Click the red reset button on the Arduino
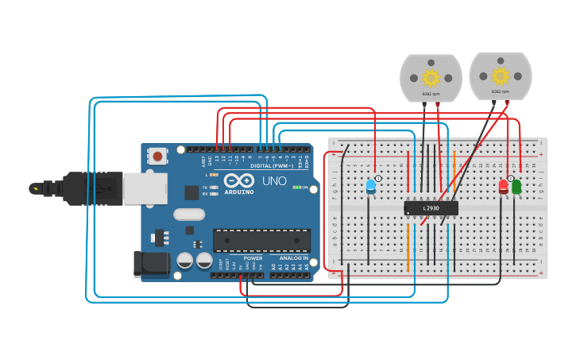(x=158, y=156)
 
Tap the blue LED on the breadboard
(x=370, y=187)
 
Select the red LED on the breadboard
(x=503, y=187)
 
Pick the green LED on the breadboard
(x=516, y=187)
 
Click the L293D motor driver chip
(x=431, y=207)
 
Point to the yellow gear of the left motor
(x=431, y=77)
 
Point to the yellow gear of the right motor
(x=500, y=75)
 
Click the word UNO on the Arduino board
(x=274, y=181)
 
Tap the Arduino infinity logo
(x=238, y=180)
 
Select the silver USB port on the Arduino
(x=145, y=188)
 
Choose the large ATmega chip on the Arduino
(x=261, y=240)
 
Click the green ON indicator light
(x=296, y=188)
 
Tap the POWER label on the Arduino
(x=253, y=258)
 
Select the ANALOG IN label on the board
(x=293, y=258)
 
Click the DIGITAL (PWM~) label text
(x=272, y=165)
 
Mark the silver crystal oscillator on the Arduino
(x=188, y=214)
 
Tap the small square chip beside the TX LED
(x=191, y=192)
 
